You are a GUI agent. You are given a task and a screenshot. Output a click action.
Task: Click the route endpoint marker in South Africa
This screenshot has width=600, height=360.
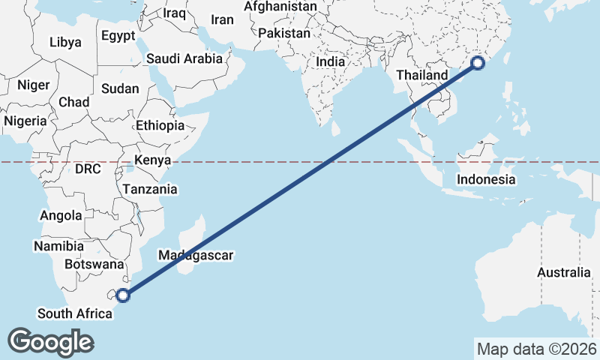(x=123, y=295)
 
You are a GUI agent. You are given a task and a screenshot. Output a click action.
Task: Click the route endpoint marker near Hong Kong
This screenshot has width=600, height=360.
(x=478, y=64)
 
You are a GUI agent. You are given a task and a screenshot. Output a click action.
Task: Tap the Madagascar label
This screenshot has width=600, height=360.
(x=196, y=256)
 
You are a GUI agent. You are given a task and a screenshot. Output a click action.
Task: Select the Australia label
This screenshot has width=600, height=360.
(x=564, y=272)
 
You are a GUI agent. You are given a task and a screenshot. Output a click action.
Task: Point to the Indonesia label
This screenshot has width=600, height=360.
(x=486, y=179)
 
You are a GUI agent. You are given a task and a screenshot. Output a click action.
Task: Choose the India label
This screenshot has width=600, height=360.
(x=331, y=62)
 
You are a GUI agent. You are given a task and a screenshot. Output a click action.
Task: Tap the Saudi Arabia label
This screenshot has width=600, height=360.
(x=184, y=58)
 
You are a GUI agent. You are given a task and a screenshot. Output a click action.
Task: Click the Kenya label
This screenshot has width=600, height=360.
(x=153, y=160)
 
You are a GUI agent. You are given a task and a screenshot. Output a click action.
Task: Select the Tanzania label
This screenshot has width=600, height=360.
(x=150, y=189)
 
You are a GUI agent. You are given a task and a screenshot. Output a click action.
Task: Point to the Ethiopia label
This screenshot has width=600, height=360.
(x=160, y=125)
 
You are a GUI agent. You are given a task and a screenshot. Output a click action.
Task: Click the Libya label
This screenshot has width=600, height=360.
(x=65, y=42)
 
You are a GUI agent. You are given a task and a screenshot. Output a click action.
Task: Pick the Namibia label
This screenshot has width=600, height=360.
(x=58, y=246)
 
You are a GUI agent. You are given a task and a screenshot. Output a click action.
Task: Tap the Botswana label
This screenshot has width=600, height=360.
(x=94, y=264)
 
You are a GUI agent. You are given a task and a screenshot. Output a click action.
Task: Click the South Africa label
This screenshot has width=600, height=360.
(x=74, y=313)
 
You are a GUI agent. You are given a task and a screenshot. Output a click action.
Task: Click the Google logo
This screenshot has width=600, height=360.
(x=51, y=342)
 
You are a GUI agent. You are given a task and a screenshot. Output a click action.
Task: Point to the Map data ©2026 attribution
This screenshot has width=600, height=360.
(x=537, y=349)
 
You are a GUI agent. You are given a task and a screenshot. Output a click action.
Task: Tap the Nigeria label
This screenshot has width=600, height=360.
(x=25, y=121)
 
